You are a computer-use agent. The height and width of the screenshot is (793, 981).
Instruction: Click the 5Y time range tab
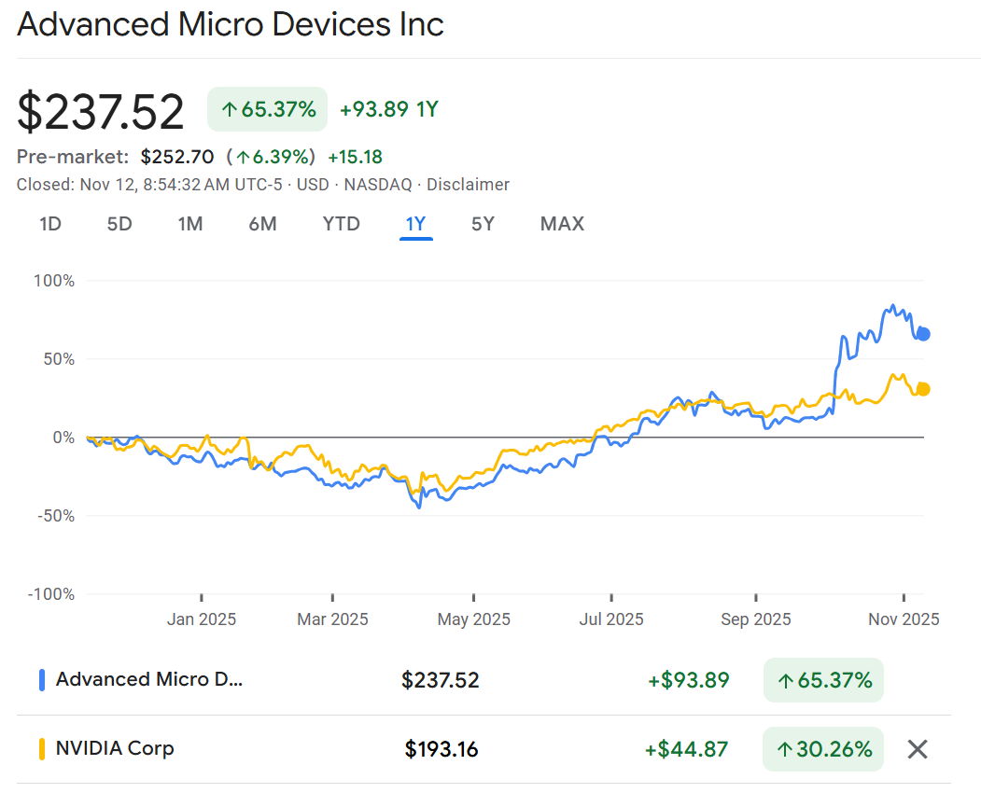[x=483, y=224]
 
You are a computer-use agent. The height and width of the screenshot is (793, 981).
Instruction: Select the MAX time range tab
[x=562, y=224]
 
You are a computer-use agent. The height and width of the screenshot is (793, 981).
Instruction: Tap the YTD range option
[x=341, y=224]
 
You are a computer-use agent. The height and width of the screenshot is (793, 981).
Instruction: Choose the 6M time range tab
[x=262, y=224]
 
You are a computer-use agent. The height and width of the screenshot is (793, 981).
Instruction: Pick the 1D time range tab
[x=50, y=224]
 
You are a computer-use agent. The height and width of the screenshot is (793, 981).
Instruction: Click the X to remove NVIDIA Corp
[x=918, y=748]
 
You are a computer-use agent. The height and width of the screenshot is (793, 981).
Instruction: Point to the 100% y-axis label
[x=54, y=281]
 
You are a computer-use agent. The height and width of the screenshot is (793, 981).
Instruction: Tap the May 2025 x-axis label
[x=473, y=619]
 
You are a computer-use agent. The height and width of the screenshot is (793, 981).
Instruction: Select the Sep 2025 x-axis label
[x=755, y=619]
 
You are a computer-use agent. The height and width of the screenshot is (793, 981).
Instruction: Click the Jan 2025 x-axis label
[x=201, y=619]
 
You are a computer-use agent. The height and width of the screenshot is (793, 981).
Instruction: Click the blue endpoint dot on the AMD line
[x=923, y=334]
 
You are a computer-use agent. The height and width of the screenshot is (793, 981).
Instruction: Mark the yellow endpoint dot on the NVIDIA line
[x=923, y=389]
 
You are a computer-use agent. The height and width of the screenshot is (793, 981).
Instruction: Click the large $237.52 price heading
[x=101, y=112]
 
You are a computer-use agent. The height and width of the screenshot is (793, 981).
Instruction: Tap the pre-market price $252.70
[x=177, y=156]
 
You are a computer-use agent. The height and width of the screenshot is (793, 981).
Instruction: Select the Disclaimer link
[x=468, y=185]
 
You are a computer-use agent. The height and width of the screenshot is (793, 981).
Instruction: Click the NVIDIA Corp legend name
[x=115, y=748]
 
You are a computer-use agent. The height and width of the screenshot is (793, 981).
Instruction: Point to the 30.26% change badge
[x=823, y=748]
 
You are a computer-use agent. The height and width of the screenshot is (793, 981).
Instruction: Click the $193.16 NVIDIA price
[x=441, y=748]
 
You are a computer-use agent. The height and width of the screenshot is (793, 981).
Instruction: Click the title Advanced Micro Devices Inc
[x=231, y=25]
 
